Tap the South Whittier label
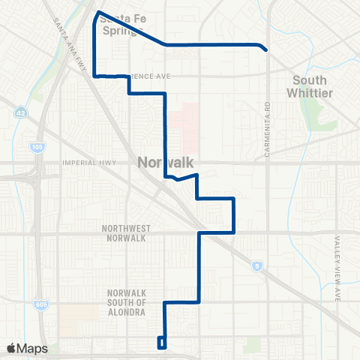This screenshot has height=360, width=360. (310, 86)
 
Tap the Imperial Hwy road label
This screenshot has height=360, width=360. (84, 167)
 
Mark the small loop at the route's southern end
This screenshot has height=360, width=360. (161, 343)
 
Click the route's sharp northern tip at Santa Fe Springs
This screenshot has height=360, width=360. (97, 12)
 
